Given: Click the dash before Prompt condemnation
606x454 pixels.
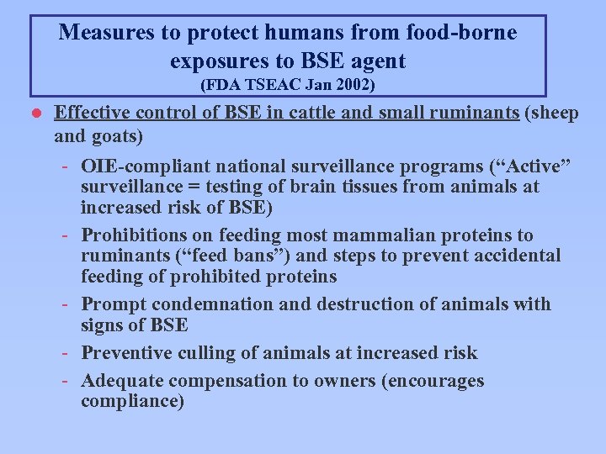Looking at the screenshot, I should (65, 304).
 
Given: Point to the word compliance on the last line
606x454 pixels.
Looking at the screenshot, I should (130, 402).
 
